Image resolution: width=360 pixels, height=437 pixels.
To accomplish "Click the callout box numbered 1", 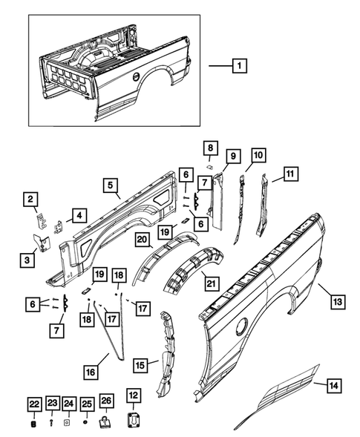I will click(x=238, y=66).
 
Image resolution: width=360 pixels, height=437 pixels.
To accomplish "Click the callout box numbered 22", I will click(x=34, y=403).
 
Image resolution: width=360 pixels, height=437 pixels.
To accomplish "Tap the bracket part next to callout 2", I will click(x=40, y=220).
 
